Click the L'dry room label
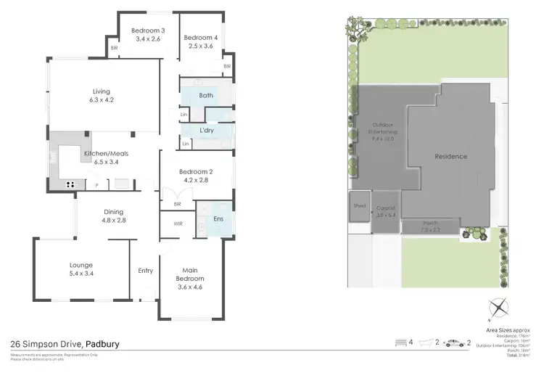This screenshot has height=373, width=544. [x=206, y=129]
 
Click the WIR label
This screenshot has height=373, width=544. [x=178, y=224]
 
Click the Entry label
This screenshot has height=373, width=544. [x=146, y=271]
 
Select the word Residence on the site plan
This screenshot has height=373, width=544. [x=450, y=157]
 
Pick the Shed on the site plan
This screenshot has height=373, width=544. [x=359, y=205]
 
